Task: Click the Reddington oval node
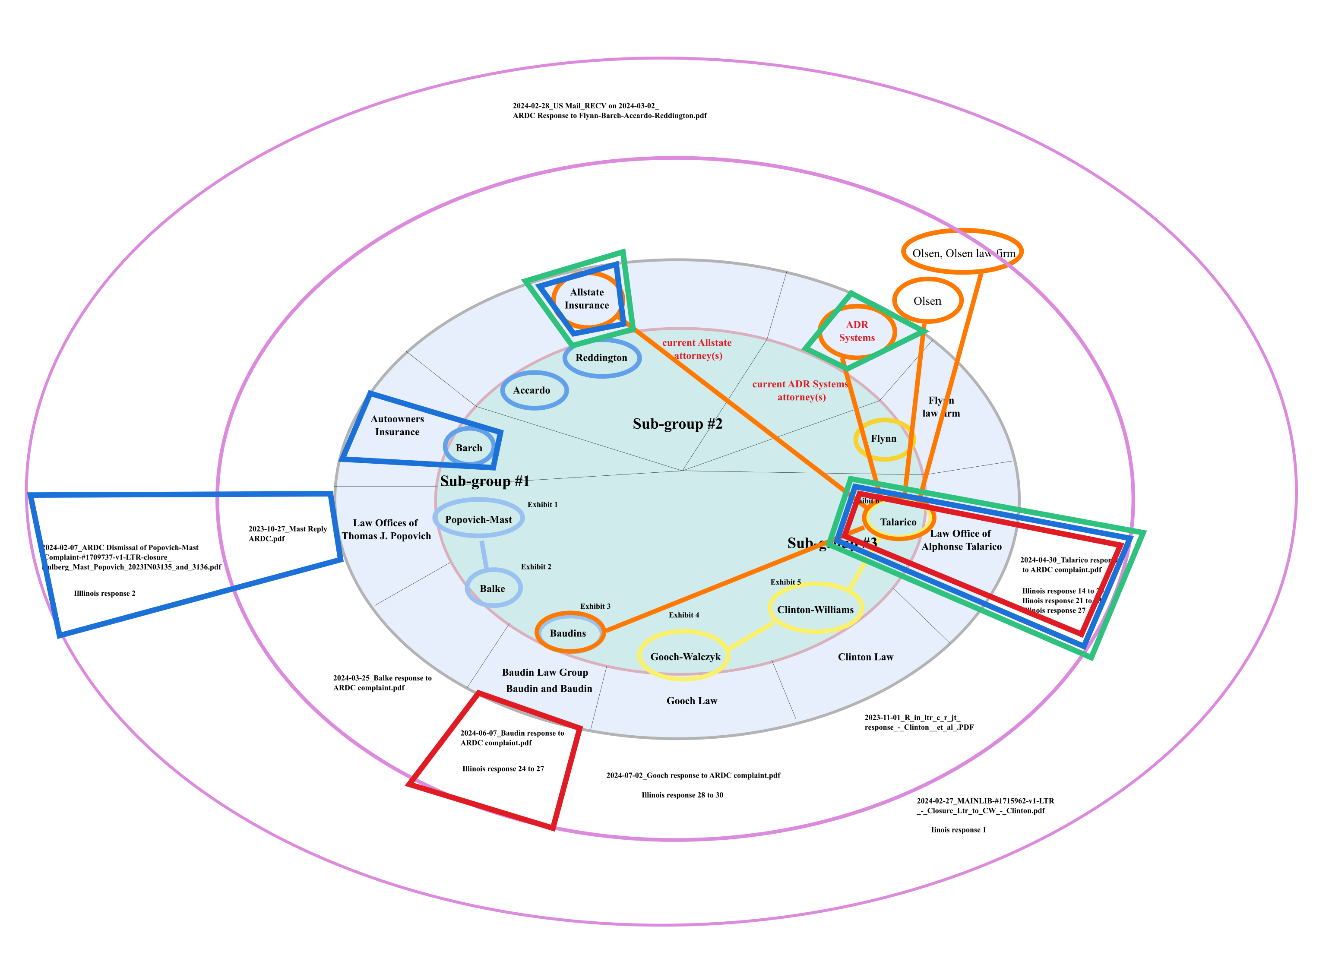(x=601, y=358)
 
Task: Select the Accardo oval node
(x=534, y=390)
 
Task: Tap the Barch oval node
(x=469, y=448)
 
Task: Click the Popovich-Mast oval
(x=478, y=519)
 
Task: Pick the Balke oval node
(x=493, y=588)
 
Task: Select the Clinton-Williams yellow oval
(x=815, y=610)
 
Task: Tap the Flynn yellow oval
(x=883, y=439)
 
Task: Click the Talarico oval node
(x=898, y=522)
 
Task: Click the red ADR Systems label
(x=857, y=331)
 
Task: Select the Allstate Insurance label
(x=587, y=299)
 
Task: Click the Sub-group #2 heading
(x=677, y=424)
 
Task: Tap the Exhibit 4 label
(x=683, y=615)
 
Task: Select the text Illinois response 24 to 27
(x=503, y=769)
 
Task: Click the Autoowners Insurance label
(x=397, y=426)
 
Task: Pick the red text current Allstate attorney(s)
(x=697, y=349)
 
